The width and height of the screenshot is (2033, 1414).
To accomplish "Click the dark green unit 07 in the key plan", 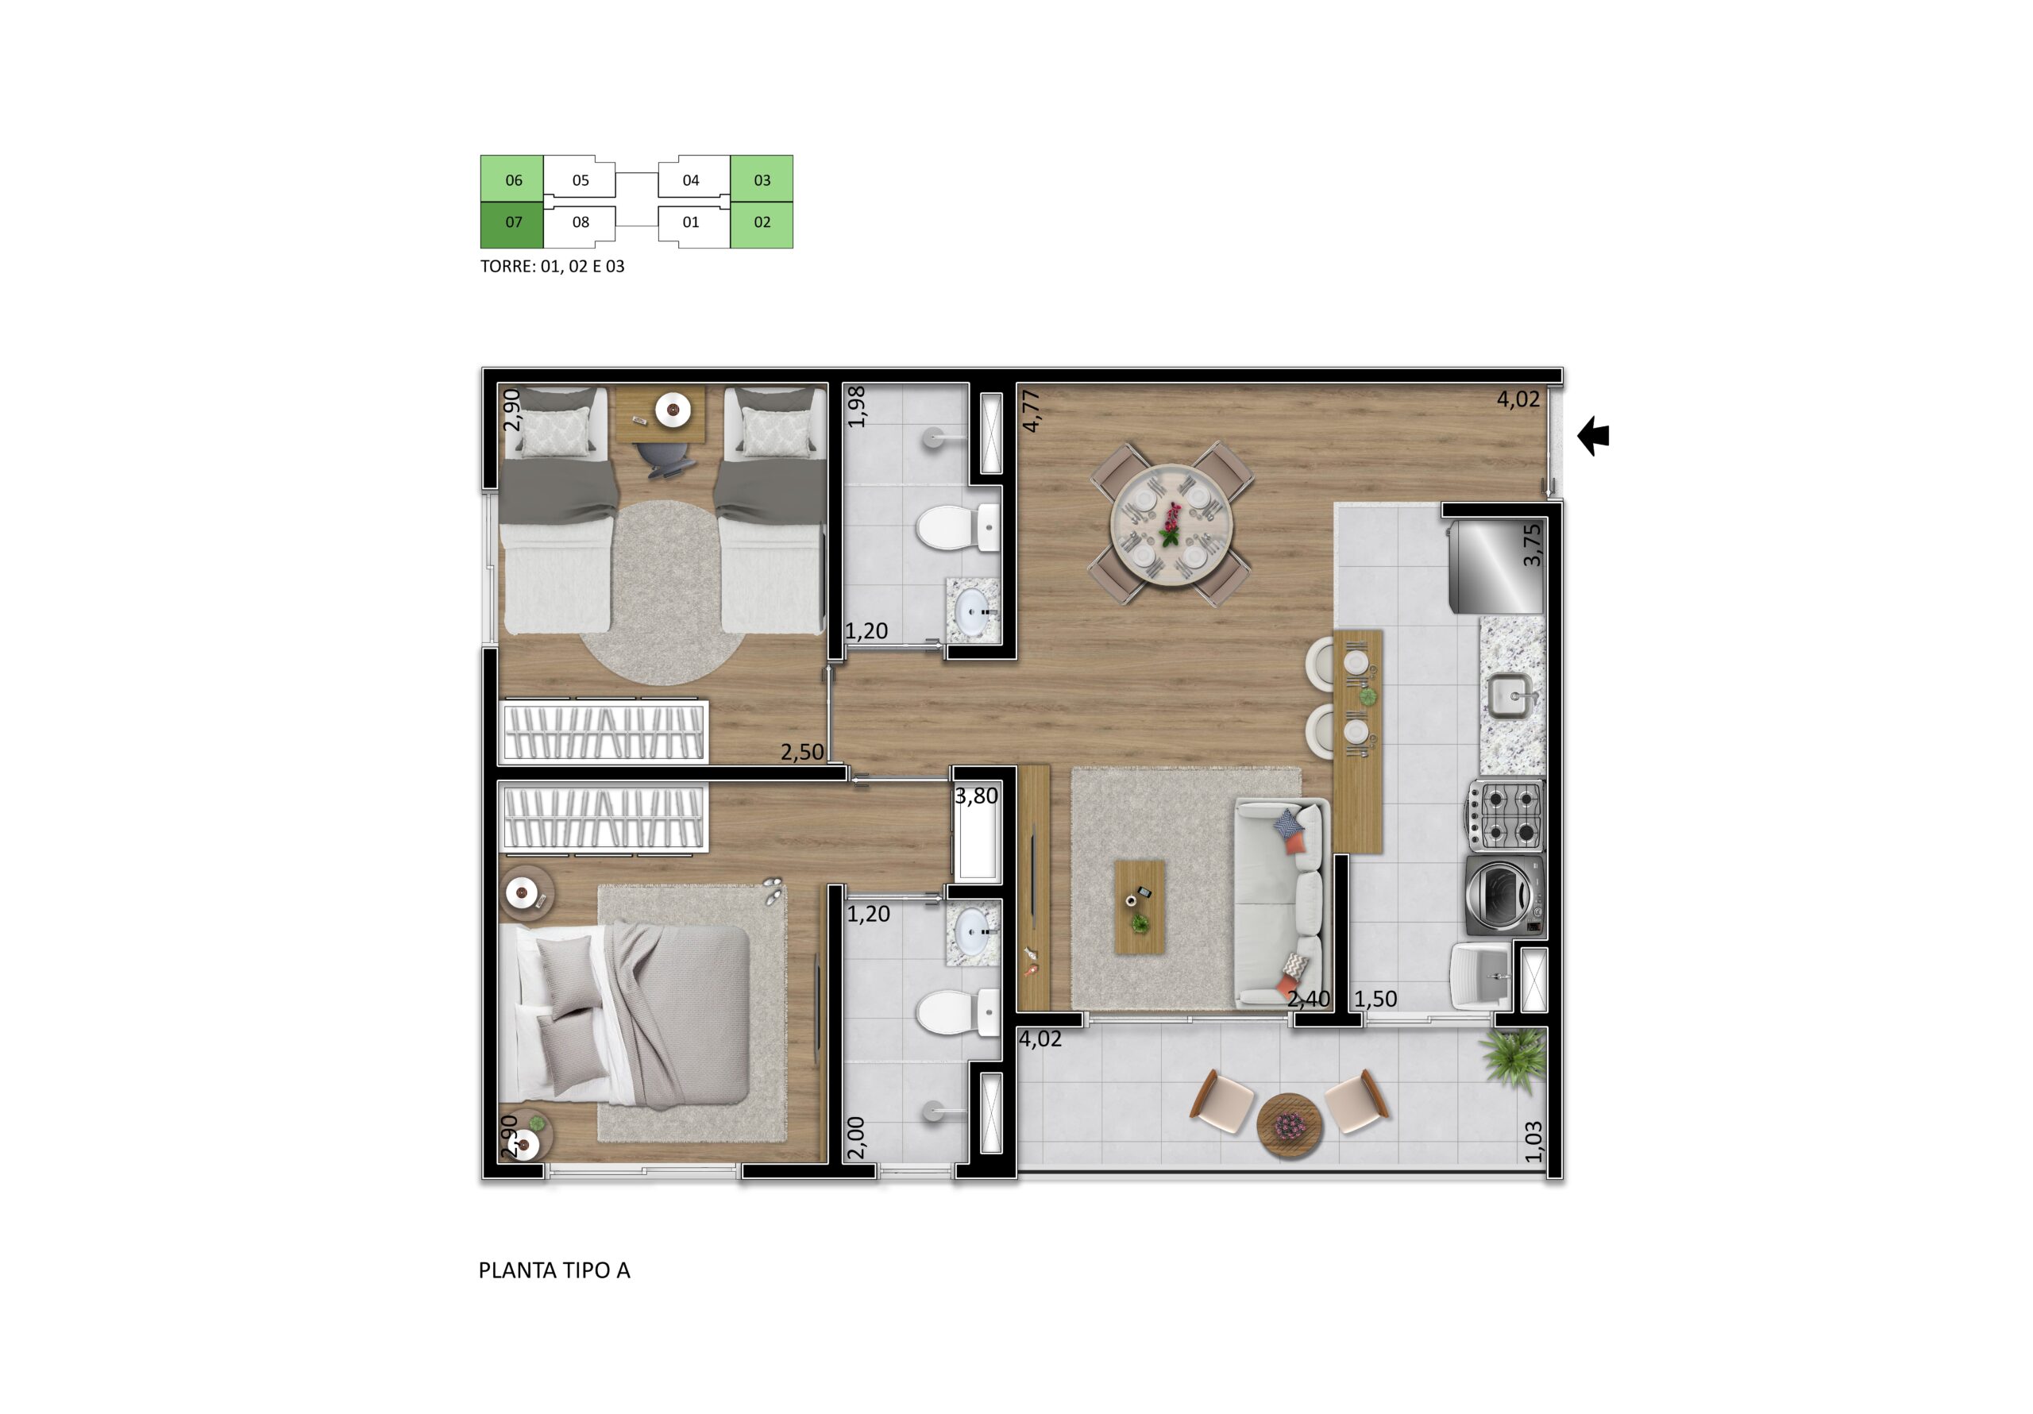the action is point(511,225).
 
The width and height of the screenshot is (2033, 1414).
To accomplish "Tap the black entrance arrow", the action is point(1593,436).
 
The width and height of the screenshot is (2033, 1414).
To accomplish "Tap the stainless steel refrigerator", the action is point(1496,565).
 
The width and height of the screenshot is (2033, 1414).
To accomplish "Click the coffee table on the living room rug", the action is point(1140,906).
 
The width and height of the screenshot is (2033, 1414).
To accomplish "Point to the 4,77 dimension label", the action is point(1030,410).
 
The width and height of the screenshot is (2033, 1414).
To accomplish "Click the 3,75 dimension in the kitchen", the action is point(1532,545).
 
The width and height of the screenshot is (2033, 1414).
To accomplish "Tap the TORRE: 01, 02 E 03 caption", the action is point(553,266).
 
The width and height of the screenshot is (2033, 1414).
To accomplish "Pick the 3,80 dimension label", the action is point(976,796).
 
